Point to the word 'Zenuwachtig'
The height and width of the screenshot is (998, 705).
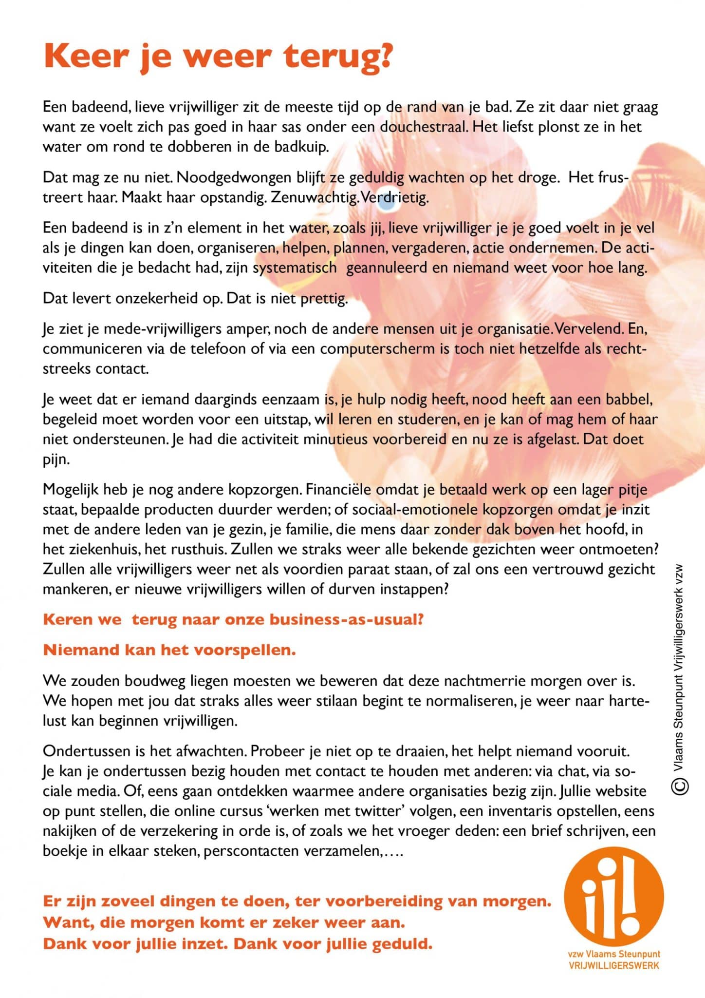pyautogui.click(x=314, y=198)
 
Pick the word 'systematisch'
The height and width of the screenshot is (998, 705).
pyautogui.click(x=295, y=268)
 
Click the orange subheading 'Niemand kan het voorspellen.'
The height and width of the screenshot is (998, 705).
pyautogui.click(x=169, y=650)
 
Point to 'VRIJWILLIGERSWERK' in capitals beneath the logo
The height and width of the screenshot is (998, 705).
pyautogui.click(x=614, y=965)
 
